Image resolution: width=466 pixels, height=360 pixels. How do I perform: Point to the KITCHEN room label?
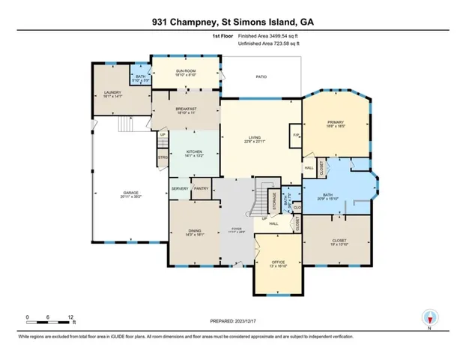pyautogui.click(x=194, y=152)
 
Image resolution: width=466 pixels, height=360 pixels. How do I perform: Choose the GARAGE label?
pyautogui.click(x=132, y=193)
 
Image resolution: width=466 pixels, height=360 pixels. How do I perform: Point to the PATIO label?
pyautogui.click(x=261, y=77)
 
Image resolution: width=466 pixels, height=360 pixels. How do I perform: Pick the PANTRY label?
pyautogui.click(x=200, y=189)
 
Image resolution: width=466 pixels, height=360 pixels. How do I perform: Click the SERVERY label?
pyautogui.click(x=179, y=189)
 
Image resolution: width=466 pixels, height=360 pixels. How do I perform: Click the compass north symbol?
pyautogui.click(x=429, y=318)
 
